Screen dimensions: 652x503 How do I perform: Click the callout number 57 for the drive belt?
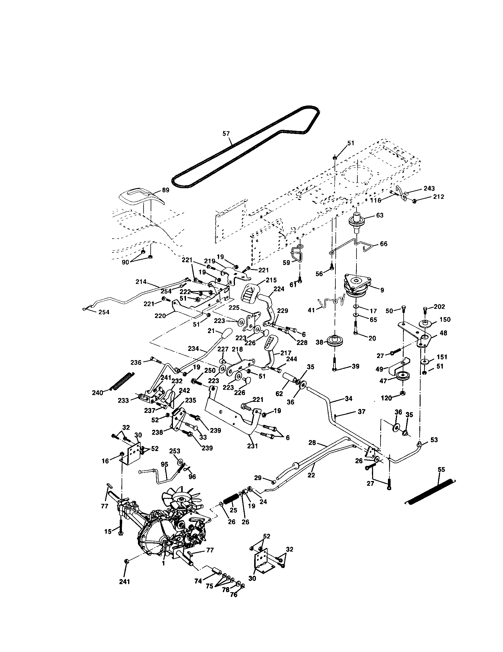226,133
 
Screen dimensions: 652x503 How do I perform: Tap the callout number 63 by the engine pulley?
379,215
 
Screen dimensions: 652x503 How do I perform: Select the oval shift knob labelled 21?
227,333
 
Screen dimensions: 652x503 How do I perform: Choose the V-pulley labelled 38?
335,341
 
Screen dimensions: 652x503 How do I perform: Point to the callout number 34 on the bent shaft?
348,398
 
